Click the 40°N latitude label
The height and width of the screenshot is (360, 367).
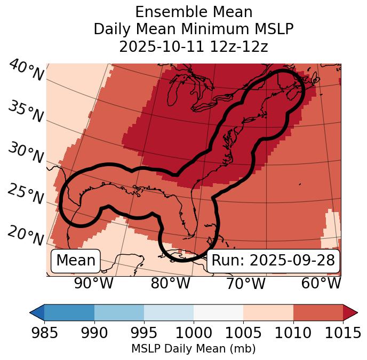coord(26,71)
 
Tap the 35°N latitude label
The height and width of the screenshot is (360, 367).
coord(26,111)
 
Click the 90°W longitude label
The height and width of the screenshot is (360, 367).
coord(93,283)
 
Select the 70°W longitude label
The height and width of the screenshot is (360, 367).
coord(245,283)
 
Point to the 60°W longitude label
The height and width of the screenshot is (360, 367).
coord(321,283)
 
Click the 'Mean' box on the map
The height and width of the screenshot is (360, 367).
coord(76,261)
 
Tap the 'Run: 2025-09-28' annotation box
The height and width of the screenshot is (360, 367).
coord(273,261)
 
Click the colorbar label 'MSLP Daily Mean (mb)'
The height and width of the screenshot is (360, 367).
coord(193,349)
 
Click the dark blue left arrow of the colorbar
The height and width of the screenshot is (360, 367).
coord(37,312)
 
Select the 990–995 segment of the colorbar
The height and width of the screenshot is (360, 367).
coord(119,312)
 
